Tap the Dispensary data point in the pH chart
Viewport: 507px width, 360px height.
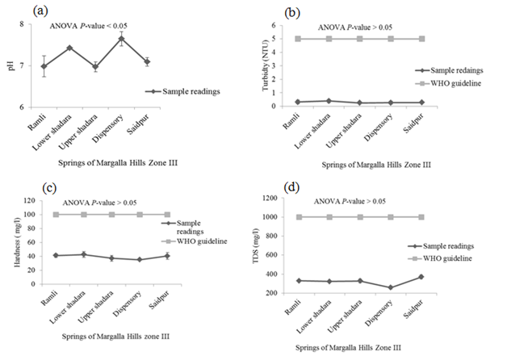pos(122,38)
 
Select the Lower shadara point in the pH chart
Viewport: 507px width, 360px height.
pos(69,48)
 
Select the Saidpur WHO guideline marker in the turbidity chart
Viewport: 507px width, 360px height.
pos(420,39)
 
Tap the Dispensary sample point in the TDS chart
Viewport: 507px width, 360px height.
pos(392,287)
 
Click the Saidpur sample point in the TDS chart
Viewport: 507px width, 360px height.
pos(421,277)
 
